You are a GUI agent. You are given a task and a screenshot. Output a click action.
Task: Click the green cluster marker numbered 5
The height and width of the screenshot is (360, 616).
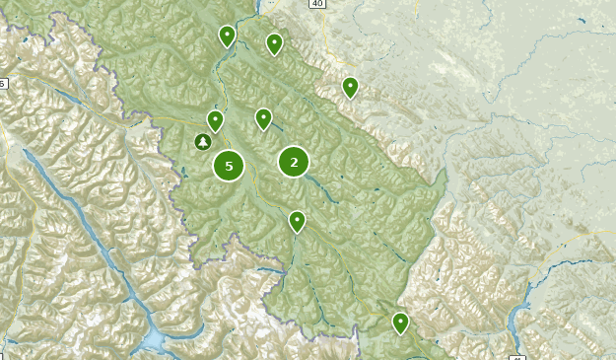(229, 166)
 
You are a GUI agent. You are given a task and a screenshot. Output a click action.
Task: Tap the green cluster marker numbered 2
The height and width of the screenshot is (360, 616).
(294, 161)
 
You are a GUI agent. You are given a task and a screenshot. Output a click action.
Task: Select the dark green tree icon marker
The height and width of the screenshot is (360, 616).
(202, 143)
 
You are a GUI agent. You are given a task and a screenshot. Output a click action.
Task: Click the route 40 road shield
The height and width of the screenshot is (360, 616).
(316, 4)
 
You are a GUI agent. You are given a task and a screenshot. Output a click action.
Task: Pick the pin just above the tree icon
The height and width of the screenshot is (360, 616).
(215, 120)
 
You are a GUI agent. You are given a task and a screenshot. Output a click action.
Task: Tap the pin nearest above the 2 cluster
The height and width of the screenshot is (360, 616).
(263, 117)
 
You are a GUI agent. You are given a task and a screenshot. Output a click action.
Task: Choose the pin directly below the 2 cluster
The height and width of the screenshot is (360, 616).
(297, 220)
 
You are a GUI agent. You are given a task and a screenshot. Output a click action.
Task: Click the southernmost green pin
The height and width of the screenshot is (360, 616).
(400, 322)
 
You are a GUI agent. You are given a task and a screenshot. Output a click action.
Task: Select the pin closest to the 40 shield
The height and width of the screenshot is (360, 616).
(274, 42)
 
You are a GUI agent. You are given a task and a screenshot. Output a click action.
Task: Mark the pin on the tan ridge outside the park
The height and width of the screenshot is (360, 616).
(350, 87)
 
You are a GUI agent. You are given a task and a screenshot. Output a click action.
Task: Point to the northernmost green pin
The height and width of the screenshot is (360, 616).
(227, 36)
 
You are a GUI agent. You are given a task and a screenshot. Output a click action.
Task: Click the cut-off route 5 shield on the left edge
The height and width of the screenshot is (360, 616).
(3, 84)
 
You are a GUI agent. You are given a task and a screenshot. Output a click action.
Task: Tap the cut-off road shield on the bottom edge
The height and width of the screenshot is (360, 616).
(518, 356)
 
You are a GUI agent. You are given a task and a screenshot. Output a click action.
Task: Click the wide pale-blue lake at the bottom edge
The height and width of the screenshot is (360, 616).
(157, 341)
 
